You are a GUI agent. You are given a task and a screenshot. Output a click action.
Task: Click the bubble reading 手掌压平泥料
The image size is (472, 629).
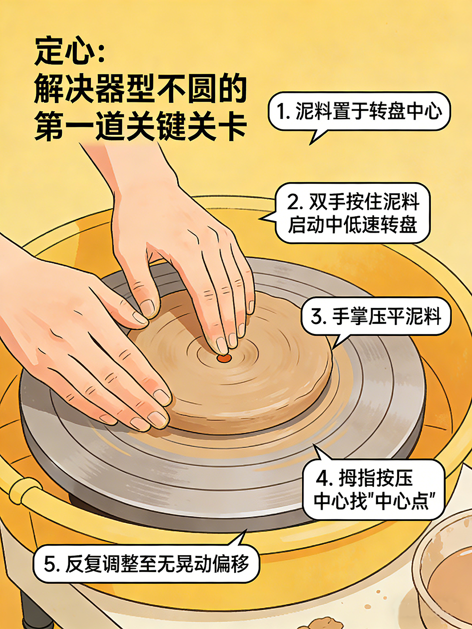click(376, 316)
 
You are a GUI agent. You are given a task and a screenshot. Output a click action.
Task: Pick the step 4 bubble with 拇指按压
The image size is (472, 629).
click(374, 491)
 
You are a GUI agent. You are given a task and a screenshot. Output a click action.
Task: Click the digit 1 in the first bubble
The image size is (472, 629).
click(282, 112)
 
